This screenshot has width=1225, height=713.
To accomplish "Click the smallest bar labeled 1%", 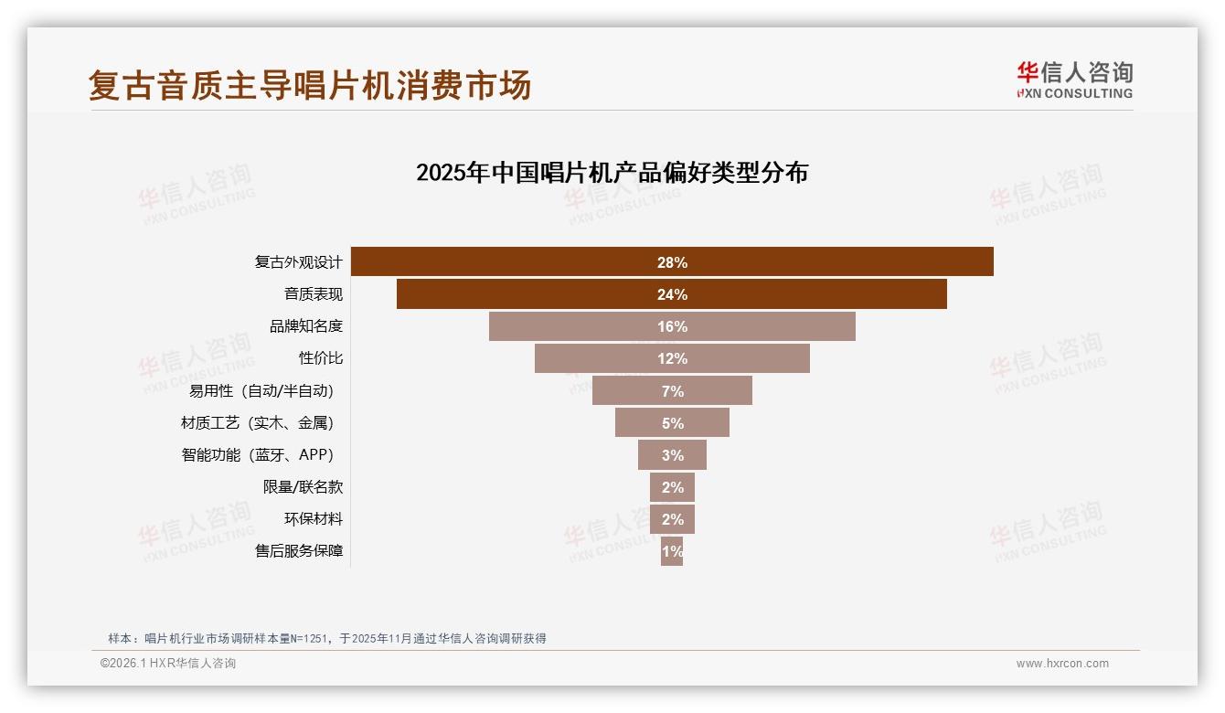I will pyautogui.click(x=672, y=551).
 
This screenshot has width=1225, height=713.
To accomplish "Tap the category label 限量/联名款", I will pyautogui.click(x=303, y=487).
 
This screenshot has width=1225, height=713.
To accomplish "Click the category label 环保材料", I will pyautogui.click(x=313, y=519).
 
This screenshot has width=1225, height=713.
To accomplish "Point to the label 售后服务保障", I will pyautogui.click(x=298, y=551).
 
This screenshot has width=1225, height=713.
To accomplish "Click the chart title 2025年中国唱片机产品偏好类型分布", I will pyautogui.click(x=612, y=173).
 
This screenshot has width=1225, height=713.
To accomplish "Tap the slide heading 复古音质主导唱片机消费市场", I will pyautogui.click(x=310, y=86).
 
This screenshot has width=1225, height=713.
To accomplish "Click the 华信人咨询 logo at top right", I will pyautogui.click(x=1074, y=80).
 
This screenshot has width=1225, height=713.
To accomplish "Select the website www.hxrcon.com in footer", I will pyautogui.click(x=1062, y=664).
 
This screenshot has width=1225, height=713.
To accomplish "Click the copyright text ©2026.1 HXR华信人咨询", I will pyautogui.click(x=168, y=664).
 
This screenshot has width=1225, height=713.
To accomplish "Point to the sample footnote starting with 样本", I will pyautogui.click(x=326, y=638).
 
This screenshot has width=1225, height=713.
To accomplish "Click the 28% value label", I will pyautogui.click(x=672, y=262).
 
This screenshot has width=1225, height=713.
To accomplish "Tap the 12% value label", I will pyautogui.click(x=672, y=358).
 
